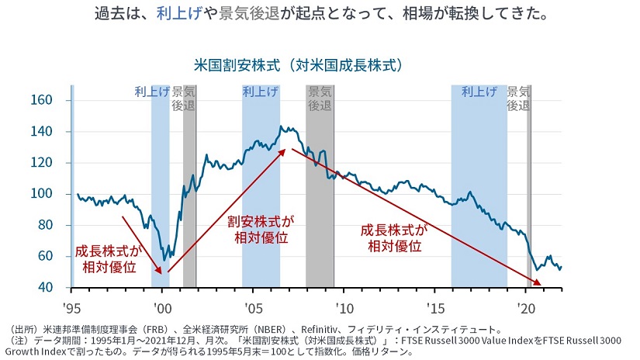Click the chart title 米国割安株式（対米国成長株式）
tap(301, 64)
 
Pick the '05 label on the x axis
tap(253, 305)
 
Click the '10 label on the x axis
tap(344, 305)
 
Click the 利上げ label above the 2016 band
tap(479, 92)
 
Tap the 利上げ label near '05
tap(261, 92)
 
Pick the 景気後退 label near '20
tap(518, 98)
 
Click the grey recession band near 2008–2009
tap(320, 194)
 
